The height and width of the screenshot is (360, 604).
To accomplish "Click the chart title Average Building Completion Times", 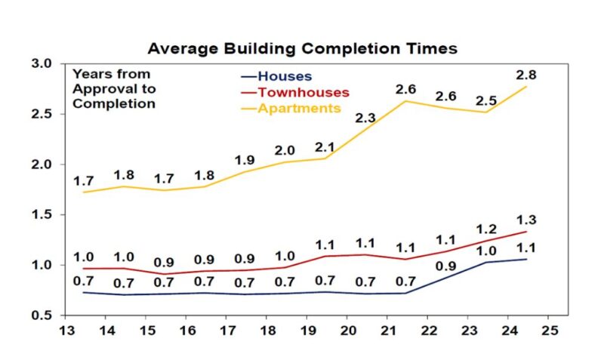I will [x=302, y=48].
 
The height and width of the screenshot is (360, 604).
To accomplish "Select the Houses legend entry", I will [x=284, y=76].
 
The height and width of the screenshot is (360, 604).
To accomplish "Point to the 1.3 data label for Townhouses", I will [x=525, y=220].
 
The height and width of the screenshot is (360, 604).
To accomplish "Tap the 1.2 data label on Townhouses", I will [x=486, y=229].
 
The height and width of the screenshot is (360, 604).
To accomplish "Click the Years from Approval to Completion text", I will [x=114, y=89].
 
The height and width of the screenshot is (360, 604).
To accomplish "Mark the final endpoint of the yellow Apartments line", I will [x=526, y=87].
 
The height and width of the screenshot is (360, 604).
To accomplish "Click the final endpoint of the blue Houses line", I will [x=526, y=259].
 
